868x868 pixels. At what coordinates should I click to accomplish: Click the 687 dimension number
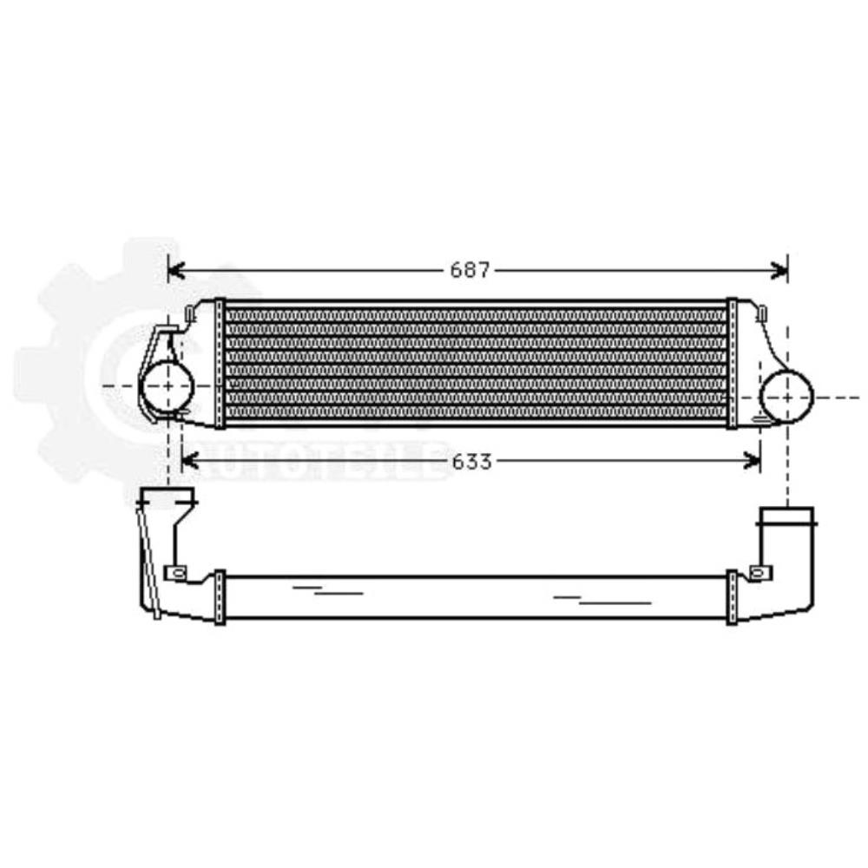click(470, 271)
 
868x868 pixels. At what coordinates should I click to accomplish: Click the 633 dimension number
click(471, 462)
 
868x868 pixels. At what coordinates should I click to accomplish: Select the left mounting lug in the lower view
click(176, 573)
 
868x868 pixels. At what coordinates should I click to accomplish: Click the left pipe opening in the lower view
click(168, 498)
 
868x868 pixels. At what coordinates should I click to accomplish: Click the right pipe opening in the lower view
click(787, 517)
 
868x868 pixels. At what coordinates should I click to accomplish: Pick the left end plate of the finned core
click(220, 363)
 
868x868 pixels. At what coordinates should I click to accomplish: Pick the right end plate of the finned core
click(733, 363)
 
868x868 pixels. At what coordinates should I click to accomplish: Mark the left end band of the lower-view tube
click(220, 596)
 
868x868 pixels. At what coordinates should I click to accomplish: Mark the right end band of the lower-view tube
click(733, 596)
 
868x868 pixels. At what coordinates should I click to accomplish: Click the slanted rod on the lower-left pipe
click(150, 564)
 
